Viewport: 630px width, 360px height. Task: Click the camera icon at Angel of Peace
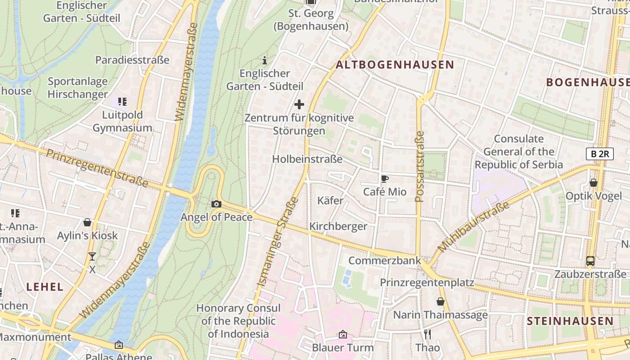(216, 204)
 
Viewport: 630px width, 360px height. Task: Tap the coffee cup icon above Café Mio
(385, 179)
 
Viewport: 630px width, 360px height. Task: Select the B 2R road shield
(599, 154)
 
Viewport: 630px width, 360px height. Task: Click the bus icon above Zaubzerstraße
(590, 261)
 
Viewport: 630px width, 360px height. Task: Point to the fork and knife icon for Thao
(427, 334)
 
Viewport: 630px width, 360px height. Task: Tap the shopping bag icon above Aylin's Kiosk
(87, 222)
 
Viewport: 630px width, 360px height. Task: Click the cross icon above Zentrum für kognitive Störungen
(299, 104)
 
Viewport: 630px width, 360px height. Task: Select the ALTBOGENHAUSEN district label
(395, 65)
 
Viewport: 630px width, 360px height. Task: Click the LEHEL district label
(45, 287)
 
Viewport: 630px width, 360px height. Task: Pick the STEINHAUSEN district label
(570, 321)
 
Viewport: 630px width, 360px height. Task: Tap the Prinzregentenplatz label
(427, 283)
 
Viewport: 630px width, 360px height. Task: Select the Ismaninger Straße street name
(278, 241)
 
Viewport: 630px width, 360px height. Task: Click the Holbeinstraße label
(307, 159)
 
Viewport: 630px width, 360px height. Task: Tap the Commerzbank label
(385, 261)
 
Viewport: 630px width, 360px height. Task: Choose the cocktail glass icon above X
(92, 256)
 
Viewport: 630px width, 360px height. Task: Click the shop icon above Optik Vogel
(594, 183)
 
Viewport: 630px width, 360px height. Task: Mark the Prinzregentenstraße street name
(97, 168)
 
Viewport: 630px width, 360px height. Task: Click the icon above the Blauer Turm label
(342, 334)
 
